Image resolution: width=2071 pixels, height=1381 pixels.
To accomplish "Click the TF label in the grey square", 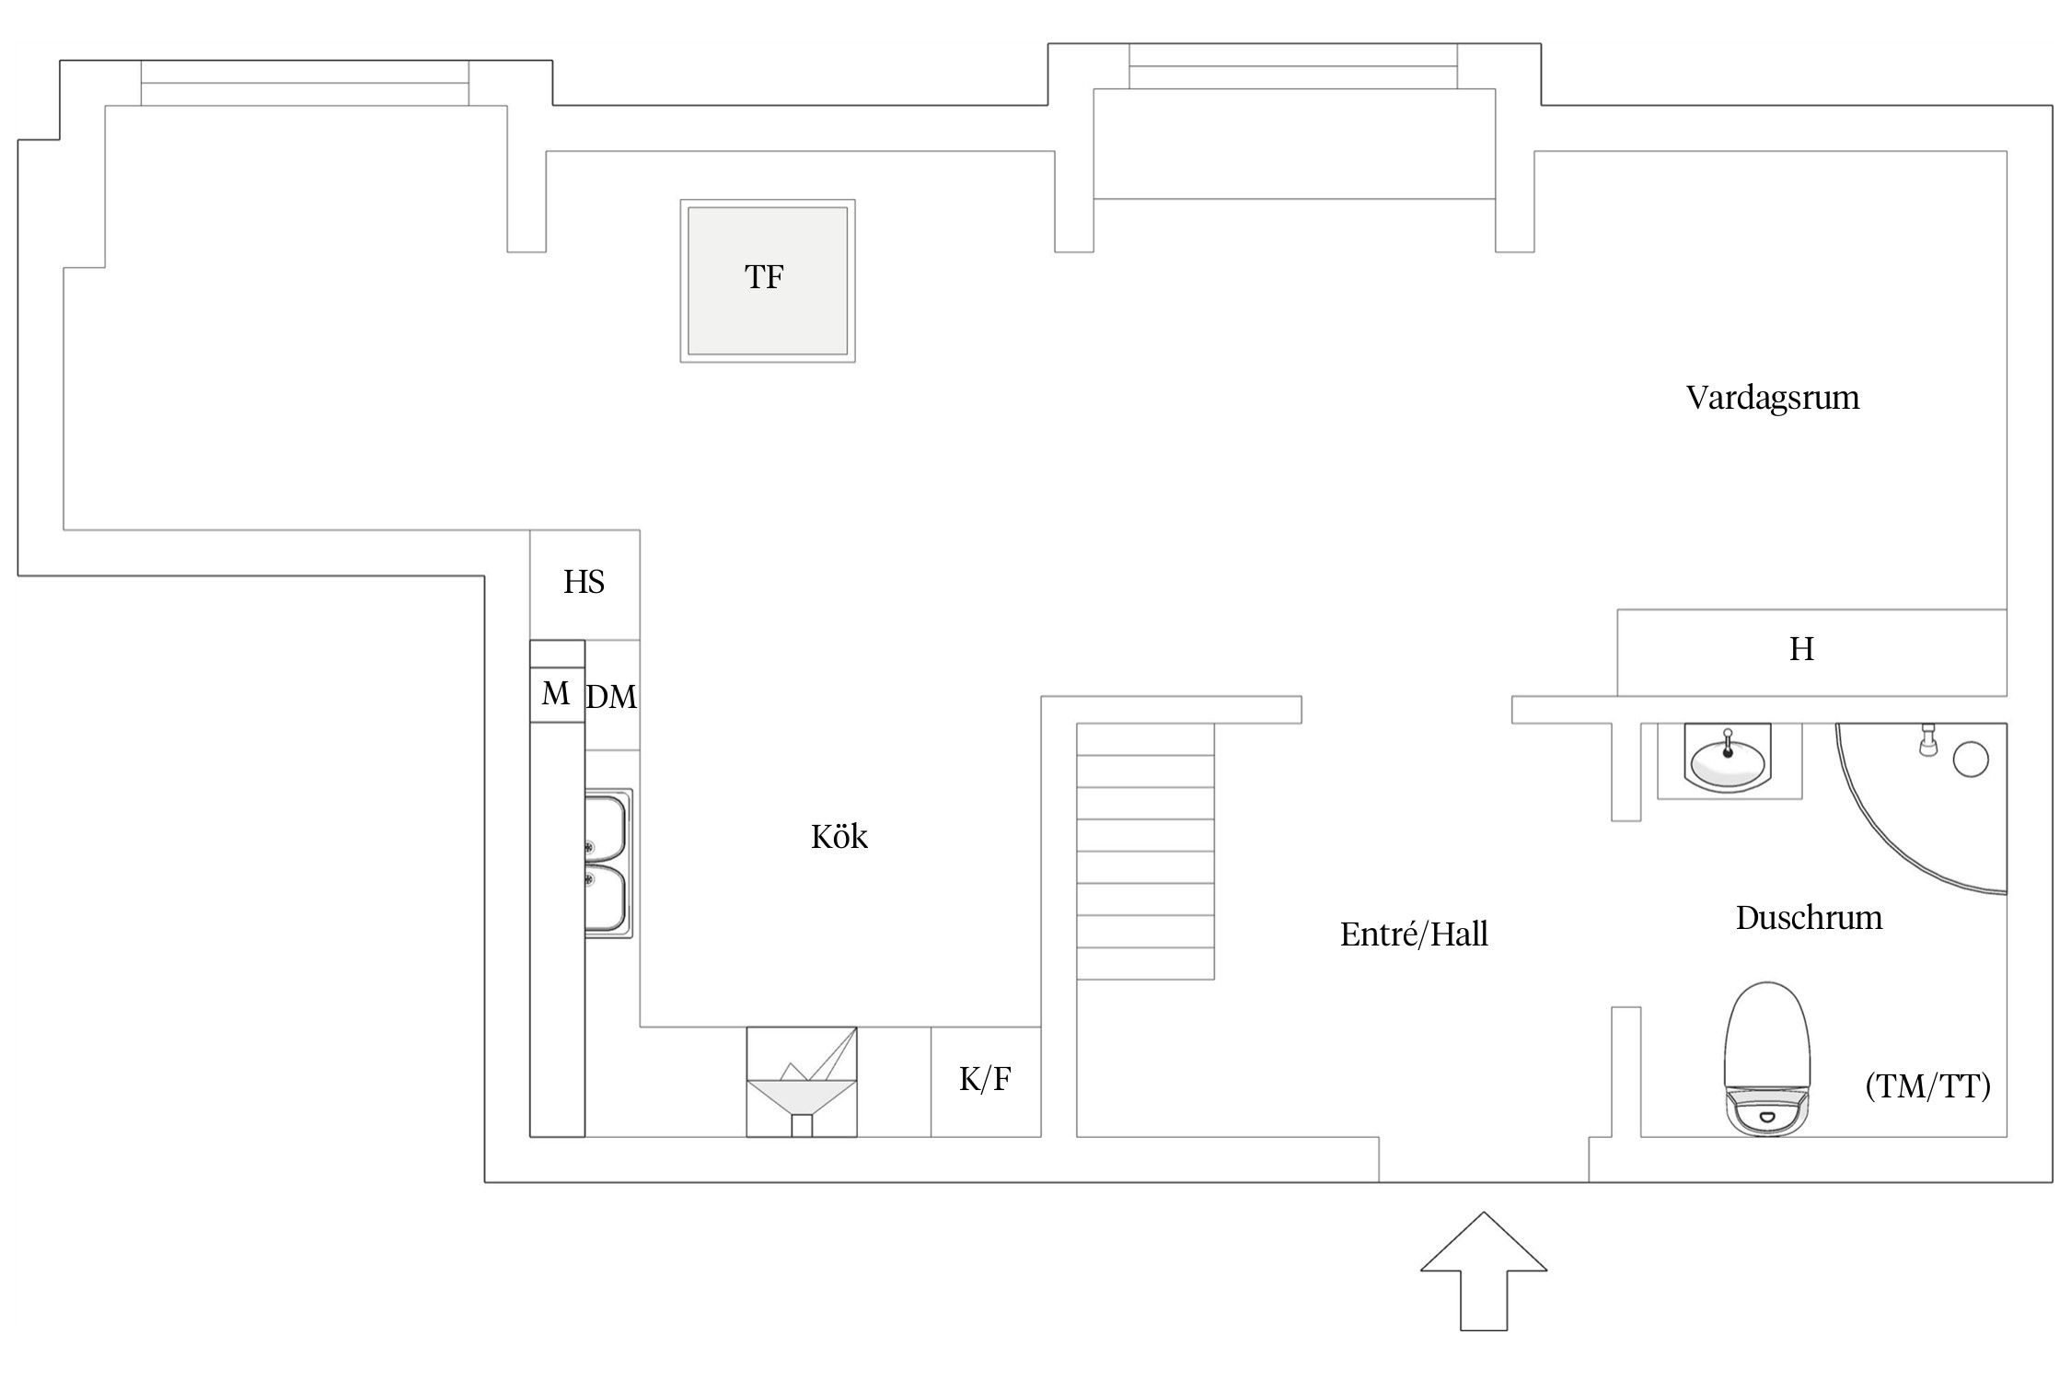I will click(764, 277).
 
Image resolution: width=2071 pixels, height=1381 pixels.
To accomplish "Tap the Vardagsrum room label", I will click(1772, 398).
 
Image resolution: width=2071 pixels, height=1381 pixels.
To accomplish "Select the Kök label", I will click(839, 837).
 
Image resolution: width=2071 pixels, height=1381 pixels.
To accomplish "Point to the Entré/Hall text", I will click(1414, 934).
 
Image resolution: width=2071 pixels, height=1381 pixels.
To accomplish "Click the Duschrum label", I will click(1809, 918).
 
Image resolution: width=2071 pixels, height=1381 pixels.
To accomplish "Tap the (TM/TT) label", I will click(1927, 1086).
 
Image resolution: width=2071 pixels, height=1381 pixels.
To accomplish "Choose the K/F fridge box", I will click(985, 1079).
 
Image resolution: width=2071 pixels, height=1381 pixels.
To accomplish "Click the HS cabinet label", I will click(584, 582).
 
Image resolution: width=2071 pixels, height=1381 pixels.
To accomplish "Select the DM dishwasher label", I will click(612, 697).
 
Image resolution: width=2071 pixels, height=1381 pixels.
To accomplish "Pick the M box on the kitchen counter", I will click(556, 693).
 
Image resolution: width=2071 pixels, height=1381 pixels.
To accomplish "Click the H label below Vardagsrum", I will click(1801, 650).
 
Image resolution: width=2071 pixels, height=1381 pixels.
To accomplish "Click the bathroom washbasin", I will click(1728, 760).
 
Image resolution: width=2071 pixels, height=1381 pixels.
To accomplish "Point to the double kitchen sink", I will click(607, 864).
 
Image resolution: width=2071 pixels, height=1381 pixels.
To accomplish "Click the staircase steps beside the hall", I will click(1145, 852).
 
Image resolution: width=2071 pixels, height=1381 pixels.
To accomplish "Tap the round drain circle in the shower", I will click(1971, 760).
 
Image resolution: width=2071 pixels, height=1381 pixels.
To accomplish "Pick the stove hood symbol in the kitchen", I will click(801, 1083).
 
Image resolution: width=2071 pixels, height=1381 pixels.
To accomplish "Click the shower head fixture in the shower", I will click(1928, 740).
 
